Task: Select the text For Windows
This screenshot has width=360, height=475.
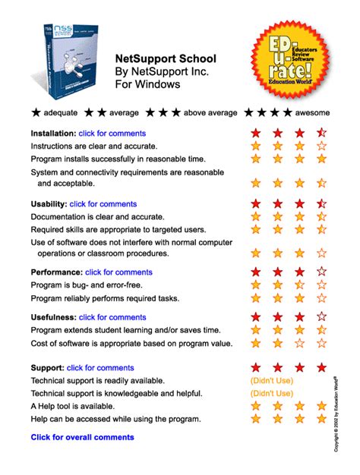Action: [147, 84]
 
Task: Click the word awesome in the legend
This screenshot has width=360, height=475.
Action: [312, 113]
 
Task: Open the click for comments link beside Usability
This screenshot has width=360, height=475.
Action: [103, 204]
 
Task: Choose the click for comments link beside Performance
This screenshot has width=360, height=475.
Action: [118, 272]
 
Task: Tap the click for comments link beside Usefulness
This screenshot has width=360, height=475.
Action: [112, 317]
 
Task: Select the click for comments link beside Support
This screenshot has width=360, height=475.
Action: [100, 368]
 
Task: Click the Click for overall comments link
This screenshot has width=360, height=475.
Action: [82, 437]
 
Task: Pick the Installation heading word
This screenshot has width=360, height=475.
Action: [52, 134]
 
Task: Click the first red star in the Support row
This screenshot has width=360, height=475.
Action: [256, 368]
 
